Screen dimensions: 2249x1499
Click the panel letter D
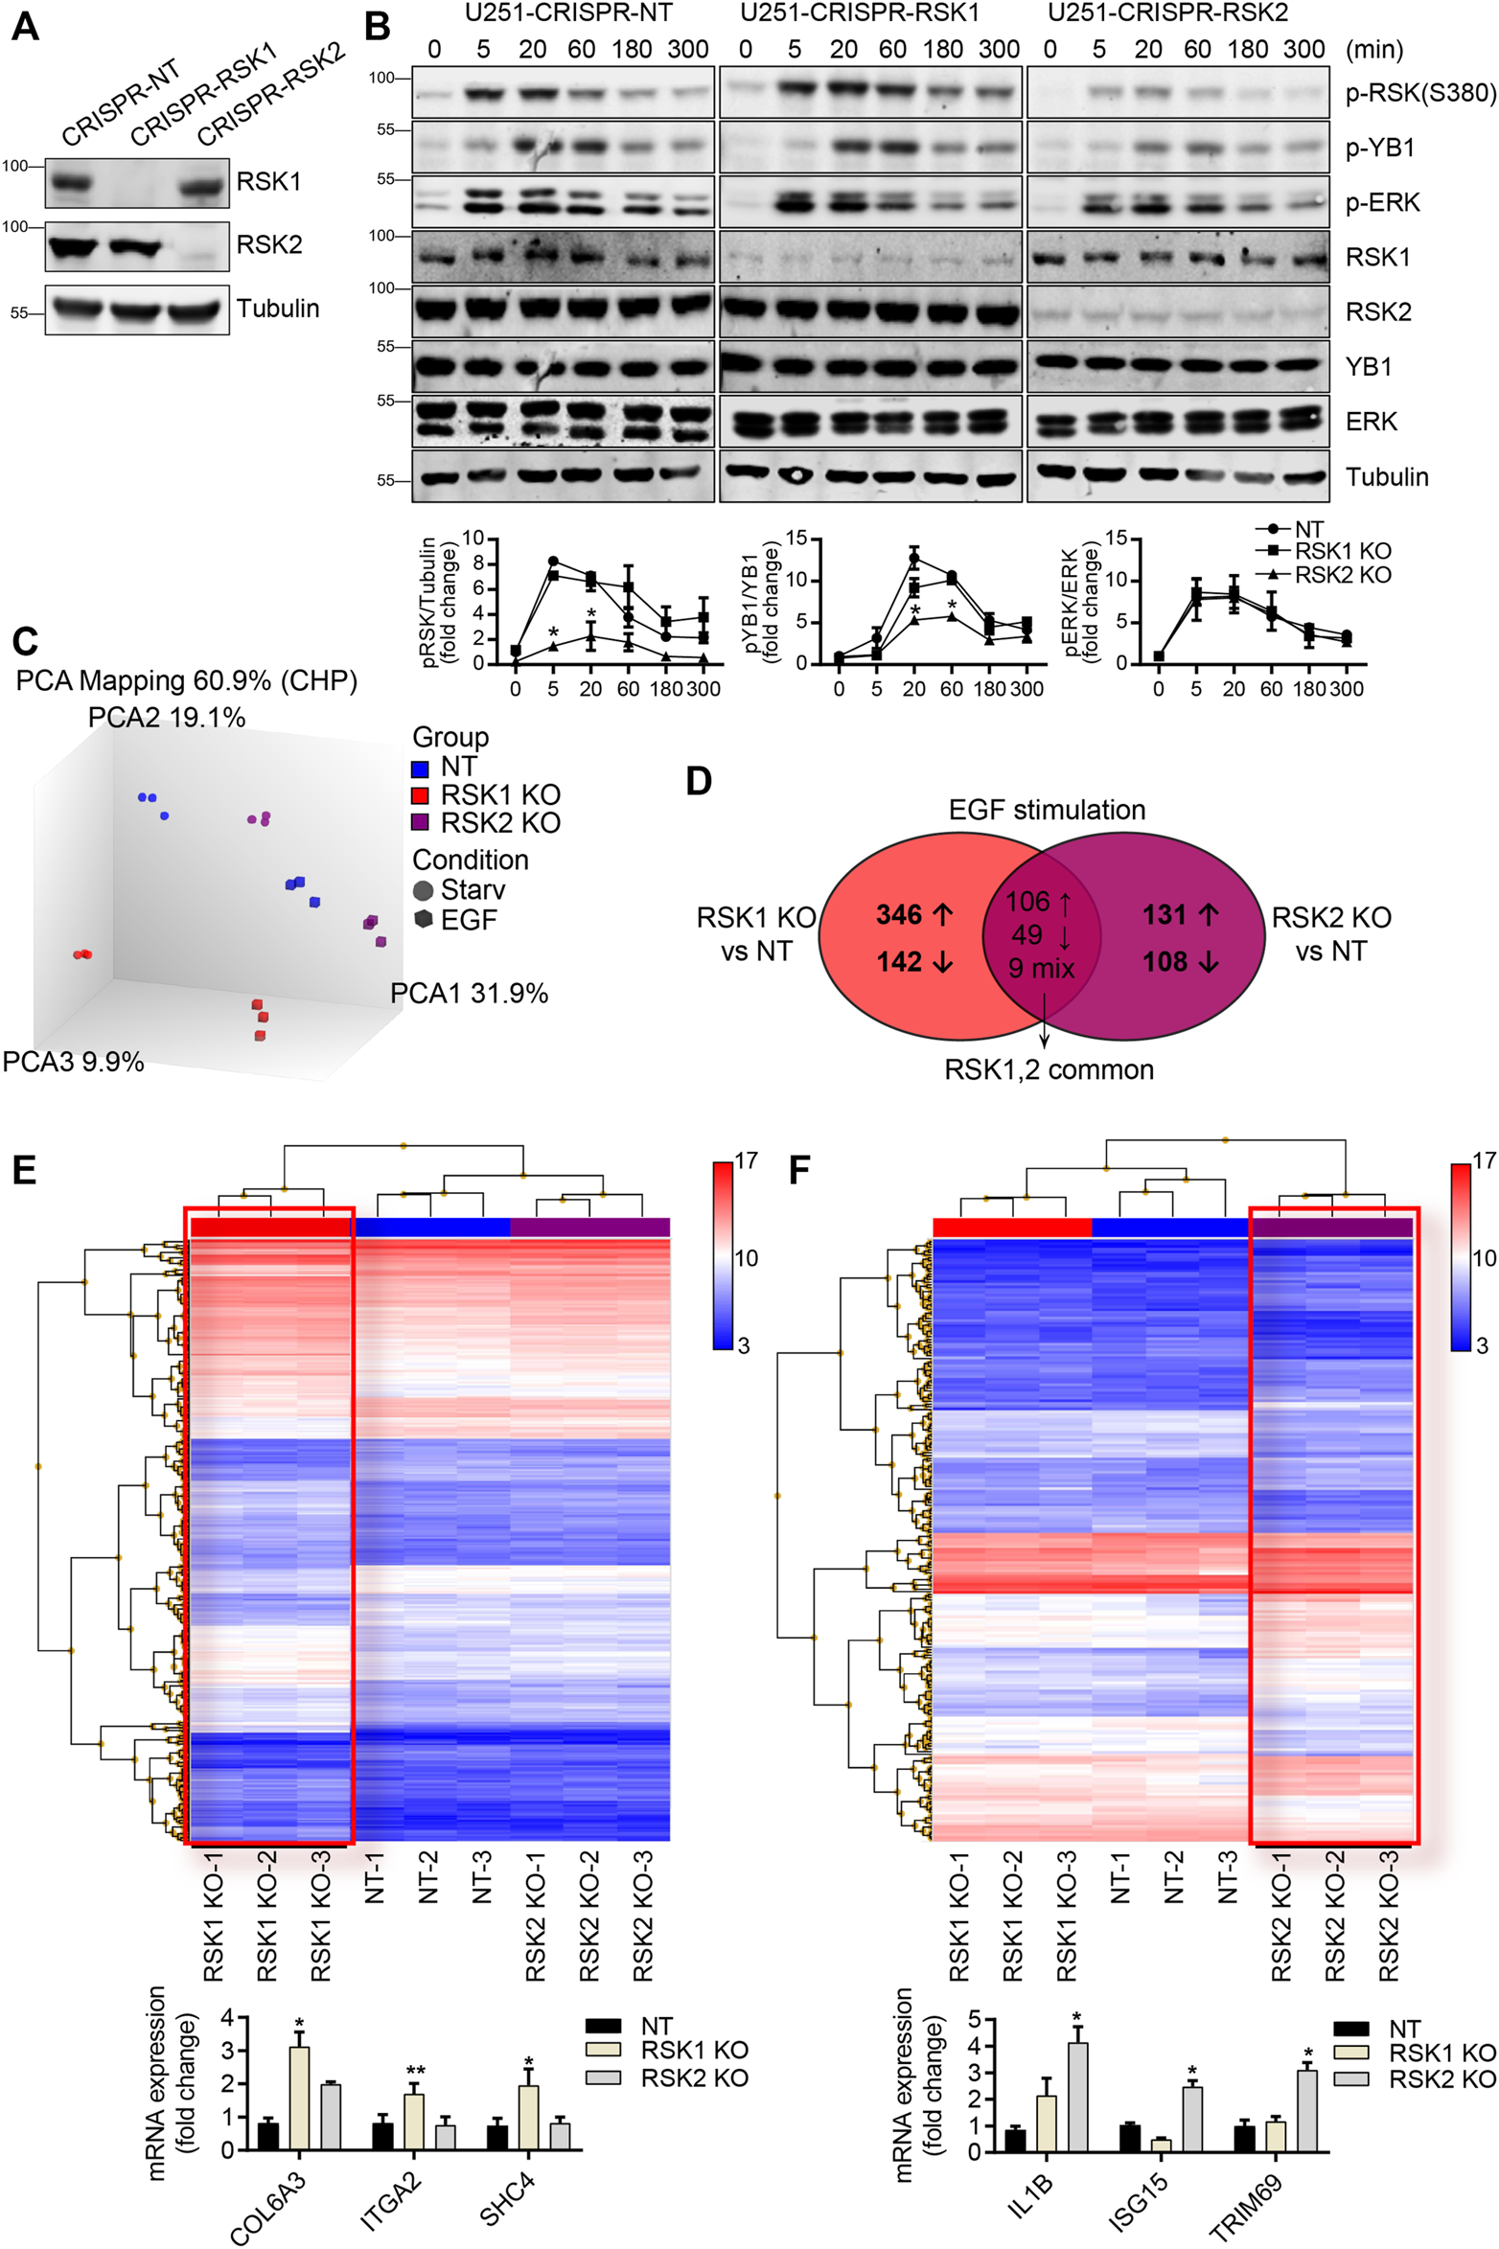(x=699, y=782)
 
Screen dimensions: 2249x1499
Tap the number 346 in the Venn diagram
(x=899, y=915)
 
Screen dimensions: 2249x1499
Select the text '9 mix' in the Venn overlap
(x=1041, y=969)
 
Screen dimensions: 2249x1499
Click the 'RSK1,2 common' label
(x=1049, y=1069)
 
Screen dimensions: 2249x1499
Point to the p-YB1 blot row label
(x=1379, y=148)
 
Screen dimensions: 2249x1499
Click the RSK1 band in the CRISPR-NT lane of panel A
(x=69, y=182)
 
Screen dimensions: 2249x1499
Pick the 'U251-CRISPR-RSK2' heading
(x=1167, y=13)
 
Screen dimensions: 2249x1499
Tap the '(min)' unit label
(x=1374, y=49)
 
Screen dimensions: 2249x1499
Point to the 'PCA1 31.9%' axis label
(x=469, y=994)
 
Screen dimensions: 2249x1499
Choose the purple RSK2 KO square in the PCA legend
(x=420, y=823)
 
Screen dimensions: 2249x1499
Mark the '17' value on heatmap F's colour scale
(x=1483, y=1161)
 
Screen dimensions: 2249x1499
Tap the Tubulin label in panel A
(x=278, y=309)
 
